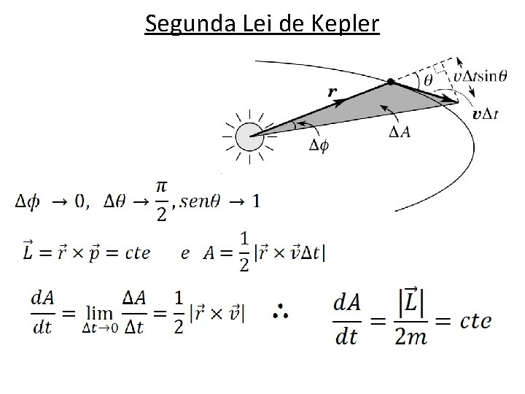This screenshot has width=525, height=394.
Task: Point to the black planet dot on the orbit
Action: coord(391,81)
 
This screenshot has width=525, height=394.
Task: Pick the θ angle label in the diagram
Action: coord(428,78)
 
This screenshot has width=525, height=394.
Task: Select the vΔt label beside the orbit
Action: coord(485,114)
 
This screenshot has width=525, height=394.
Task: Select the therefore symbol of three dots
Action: coord(281,313)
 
